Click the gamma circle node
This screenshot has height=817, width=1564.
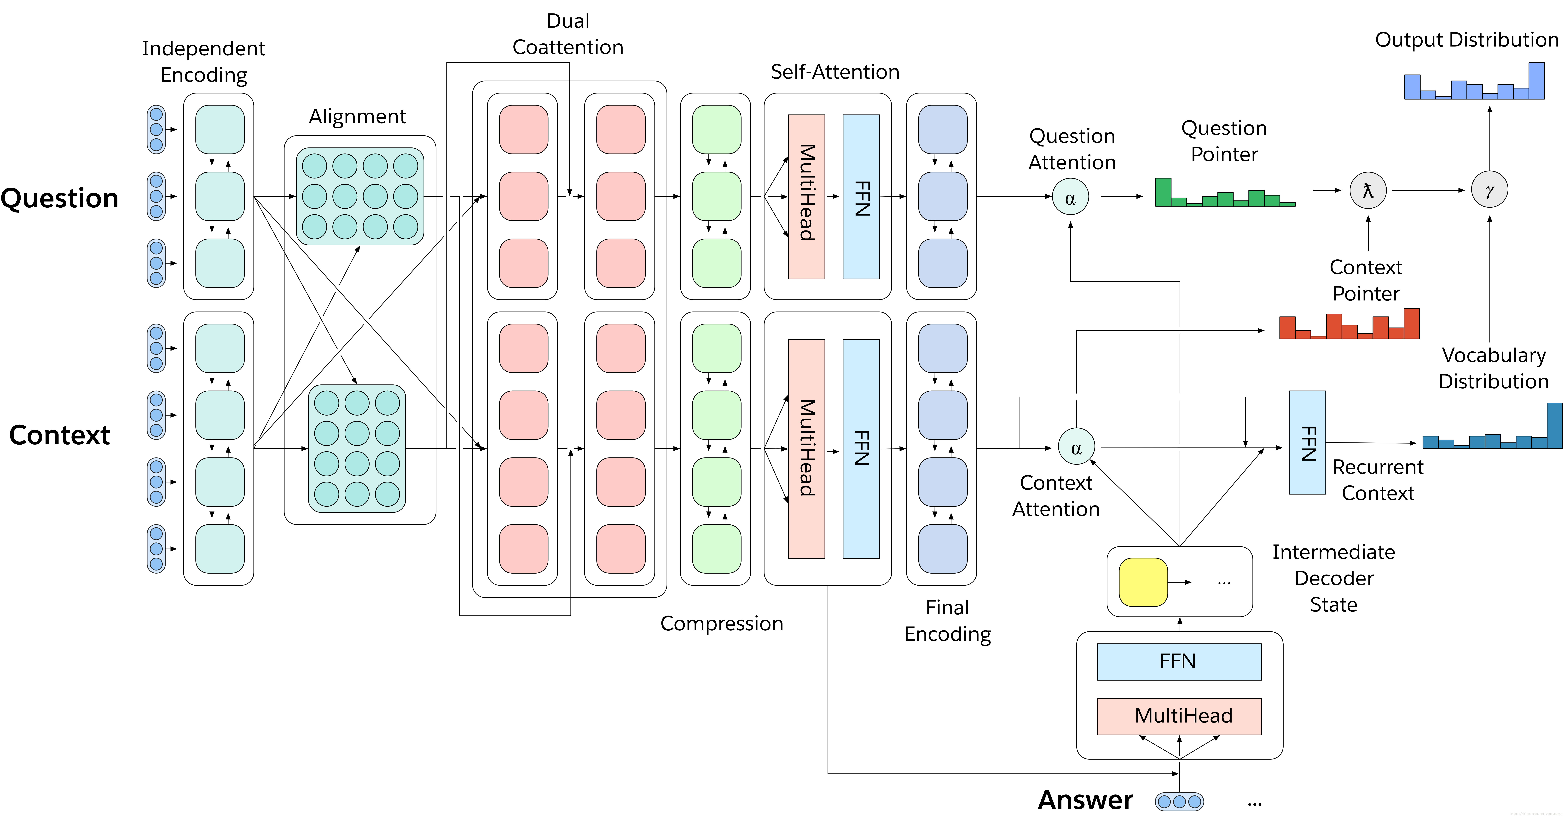pyautogui.click(x=1489, y=190)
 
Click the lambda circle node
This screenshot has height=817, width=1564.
pyautogui.click(x=1368, y=190)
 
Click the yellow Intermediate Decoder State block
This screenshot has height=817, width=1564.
pyautogui.click(x=1143, y=582)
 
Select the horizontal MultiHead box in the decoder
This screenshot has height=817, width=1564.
pyautogui.click(x=1179, y=716)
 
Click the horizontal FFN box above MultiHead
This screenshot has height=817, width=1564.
pyautogui.click(x=1179, y=662)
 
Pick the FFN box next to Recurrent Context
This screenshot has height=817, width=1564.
pyautogui.click(x=1307, y=442)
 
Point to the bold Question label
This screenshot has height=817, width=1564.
pyautogui.click(x=59, y=198)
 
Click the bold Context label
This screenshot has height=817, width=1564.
pyautogui.click(x=59, y=435)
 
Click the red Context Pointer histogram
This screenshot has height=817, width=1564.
pyautogui.click(x=1349, y=324)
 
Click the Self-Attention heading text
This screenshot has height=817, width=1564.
pyautogui.click(x=835, y=72)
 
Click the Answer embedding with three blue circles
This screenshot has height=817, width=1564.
pyautogui.click(x=1179, y=801)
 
